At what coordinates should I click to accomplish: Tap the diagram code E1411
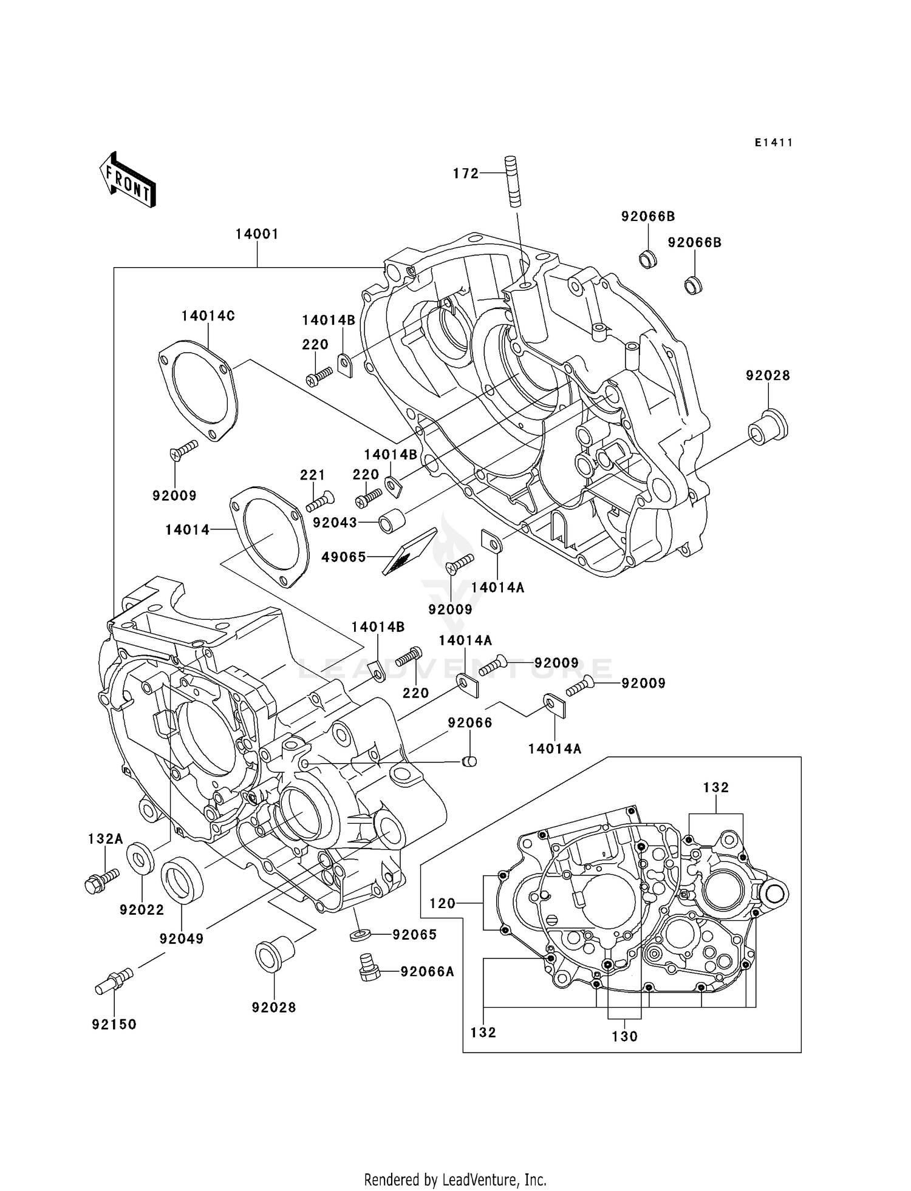pyautogui.click(x=774, y=143)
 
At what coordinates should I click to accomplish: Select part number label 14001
pyautogui.click(x=257, y=234)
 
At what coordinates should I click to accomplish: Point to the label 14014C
pyautogui.click(x=208, y=316)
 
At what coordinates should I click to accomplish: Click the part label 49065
pyautogui.click(x=344, y=557)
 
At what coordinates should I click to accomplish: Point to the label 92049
pyautogui.click(x=182, y=938)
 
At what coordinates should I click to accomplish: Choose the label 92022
pyautogui.click(x=142, y=910)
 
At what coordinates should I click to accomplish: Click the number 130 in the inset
pyautogui.click(x=625, y=1036)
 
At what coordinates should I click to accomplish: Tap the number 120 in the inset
pyautogui.click(x=442, y=904)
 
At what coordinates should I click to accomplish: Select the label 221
pyautogui.click(x=313, y=475)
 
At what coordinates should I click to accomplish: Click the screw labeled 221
pyautogui.click(x=320, y=501)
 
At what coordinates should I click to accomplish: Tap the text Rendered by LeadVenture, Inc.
pyautogui.click(x=455, y=1179)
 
